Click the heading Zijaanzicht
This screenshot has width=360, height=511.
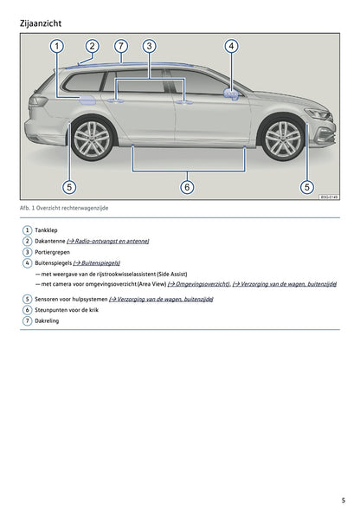41,23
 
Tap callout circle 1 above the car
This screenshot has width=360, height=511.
56,46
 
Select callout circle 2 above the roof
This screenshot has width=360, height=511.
92,46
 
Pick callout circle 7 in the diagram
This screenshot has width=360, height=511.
121,46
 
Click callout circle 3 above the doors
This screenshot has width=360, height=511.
149,46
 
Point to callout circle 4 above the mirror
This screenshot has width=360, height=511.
231,46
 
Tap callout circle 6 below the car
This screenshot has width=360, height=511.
187,187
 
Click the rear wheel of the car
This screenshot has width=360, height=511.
93,139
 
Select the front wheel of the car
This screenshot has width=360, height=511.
283,139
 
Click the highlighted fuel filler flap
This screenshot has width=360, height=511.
87,100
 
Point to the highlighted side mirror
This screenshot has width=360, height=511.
231,94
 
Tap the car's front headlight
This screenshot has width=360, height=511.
318,113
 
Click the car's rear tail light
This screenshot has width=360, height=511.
37,101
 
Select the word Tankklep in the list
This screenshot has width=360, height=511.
46,230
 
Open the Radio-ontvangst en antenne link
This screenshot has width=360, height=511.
107,241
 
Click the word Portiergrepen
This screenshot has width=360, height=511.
52,252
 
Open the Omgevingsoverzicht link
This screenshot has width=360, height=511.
198,284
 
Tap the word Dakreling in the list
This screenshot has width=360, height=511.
47,320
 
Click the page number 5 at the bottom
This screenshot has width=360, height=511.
344,501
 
